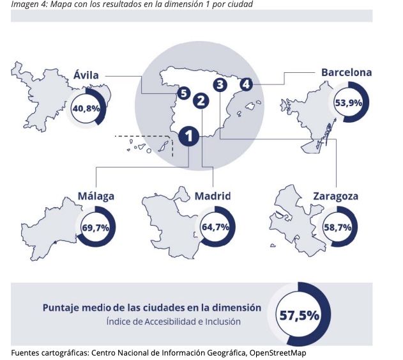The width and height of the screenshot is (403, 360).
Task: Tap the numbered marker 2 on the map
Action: point(201,100)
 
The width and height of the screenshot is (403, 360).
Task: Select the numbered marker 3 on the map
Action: point(220,84)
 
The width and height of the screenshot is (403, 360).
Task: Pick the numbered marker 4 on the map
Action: point(247,84)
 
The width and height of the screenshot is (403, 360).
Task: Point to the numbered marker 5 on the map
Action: point(184,94)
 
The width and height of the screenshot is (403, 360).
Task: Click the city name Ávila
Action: point(86,75)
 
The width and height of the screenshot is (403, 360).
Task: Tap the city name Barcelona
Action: point(346,72)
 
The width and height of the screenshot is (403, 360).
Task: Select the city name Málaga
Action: point(96,196)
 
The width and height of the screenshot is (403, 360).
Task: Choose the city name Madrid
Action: point(212,196)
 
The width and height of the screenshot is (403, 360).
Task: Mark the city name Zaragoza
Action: point(335,196)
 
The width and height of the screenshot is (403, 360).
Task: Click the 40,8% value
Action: point(86,108)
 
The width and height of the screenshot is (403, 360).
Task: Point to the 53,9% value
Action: point(348,102)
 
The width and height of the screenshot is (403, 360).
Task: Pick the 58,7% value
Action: point(337,226)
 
